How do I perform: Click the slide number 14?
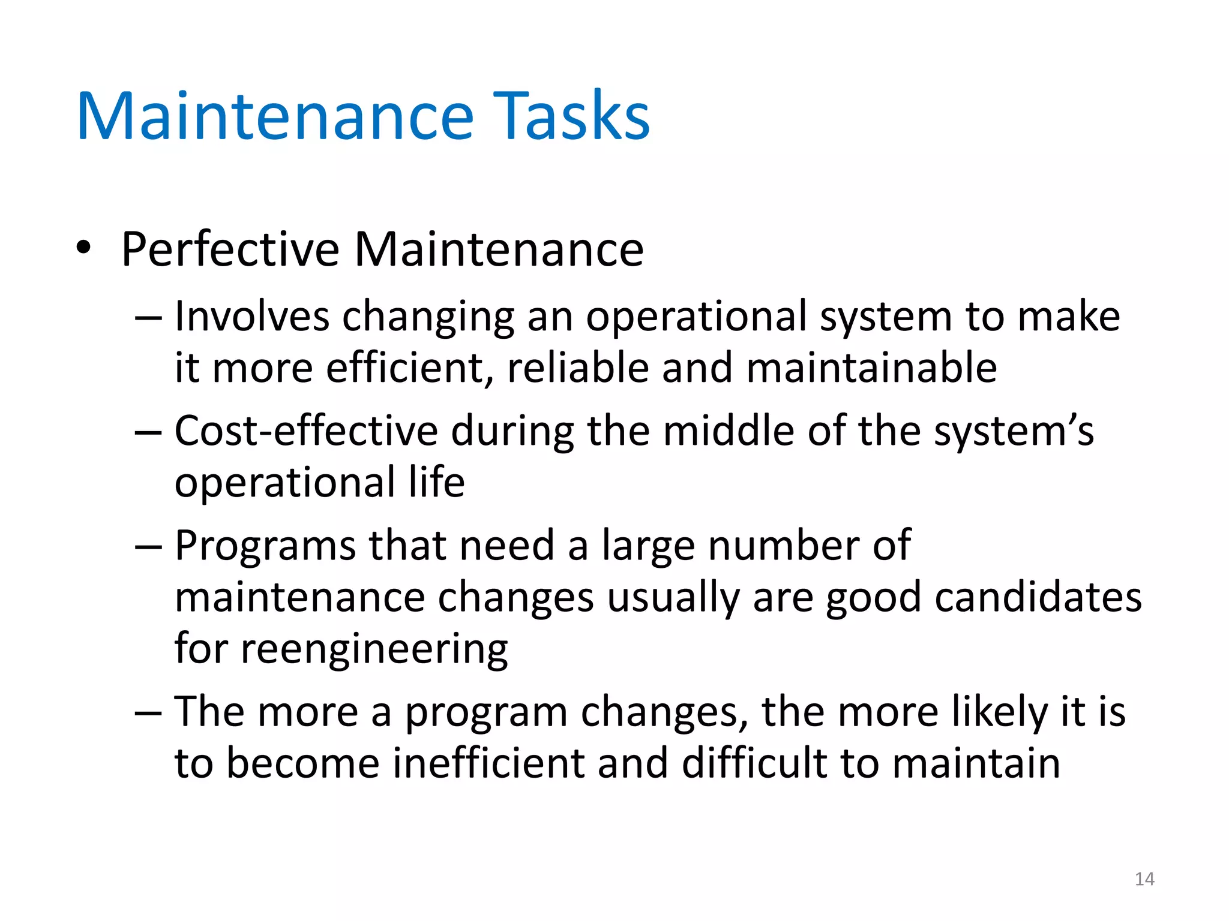point(1144,879)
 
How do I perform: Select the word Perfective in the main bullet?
point(230,249)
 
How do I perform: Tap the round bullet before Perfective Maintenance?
point(83,248)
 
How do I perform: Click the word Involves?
point(252,317)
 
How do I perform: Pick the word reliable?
point(578,368)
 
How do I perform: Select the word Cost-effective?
point(306,431)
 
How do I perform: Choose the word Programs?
point(265,546)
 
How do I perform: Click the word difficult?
point(754,763)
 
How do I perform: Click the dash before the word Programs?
point(148,547)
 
